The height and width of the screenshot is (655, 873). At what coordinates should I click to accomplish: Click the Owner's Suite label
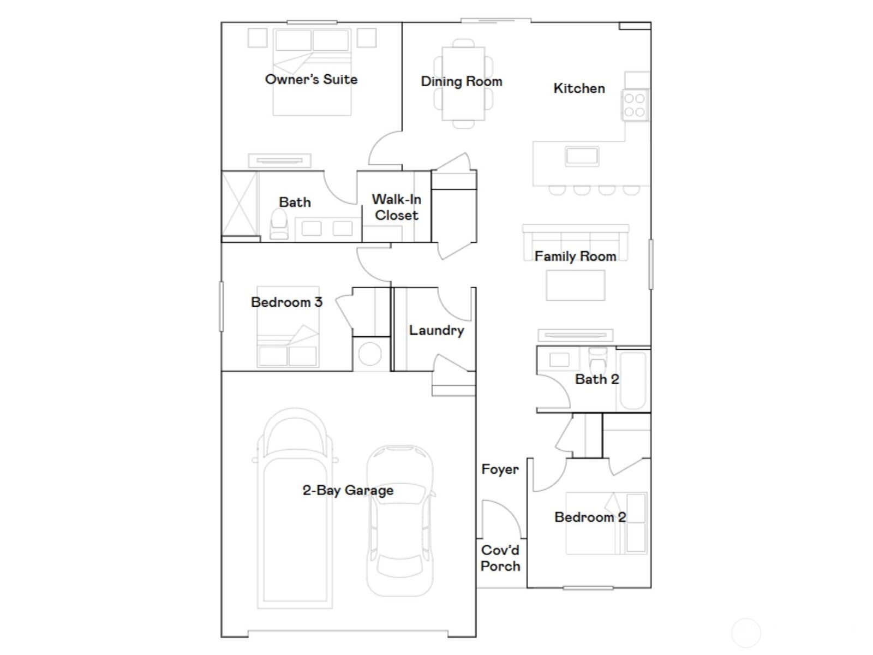click(x=311, y=80)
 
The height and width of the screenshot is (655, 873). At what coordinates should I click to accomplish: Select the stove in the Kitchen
click(x=635, y=105)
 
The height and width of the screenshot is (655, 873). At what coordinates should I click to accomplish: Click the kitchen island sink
click(x=582, y=156)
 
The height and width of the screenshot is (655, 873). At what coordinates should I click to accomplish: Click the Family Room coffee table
click(x=575, y=285)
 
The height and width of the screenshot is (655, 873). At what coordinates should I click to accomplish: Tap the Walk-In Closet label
click(x=396, y=207)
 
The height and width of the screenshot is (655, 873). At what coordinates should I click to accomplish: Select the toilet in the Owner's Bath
click(x=279, y=224)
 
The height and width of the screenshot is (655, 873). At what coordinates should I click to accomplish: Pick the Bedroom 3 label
click(x=286, y=302)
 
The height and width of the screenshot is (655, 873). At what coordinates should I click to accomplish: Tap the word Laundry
click(x=436, y=331)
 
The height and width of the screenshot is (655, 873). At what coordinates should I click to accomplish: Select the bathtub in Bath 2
click(x=633, y=380)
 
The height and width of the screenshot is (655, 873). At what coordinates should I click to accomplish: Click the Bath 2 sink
click(x=559, y=360)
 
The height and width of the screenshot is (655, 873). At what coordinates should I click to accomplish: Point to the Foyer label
click(x=500, y=469)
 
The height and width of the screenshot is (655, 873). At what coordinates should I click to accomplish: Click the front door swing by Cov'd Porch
click(x=499, y=519)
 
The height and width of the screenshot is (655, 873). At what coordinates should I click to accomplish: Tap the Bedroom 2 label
click(x=590, y=517)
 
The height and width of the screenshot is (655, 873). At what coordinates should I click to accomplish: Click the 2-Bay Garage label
click(x=348, y=491)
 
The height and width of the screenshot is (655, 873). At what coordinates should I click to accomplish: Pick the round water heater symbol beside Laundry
click(x=370, y=354)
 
